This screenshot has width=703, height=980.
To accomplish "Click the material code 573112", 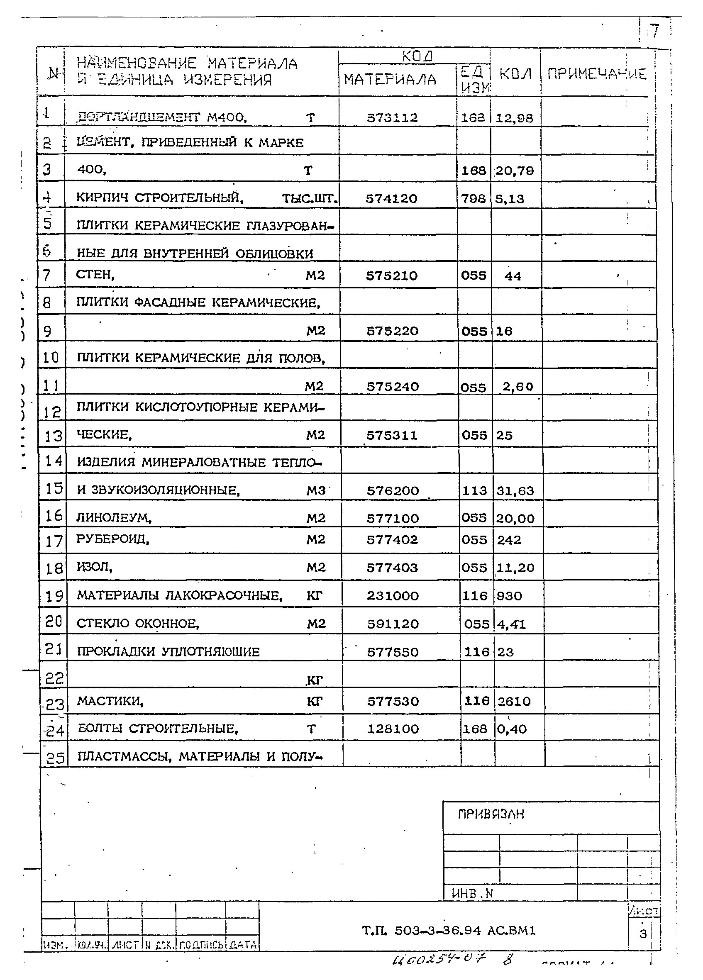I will tap(392, 117).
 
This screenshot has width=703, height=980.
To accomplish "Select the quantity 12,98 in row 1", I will tap(514, 118).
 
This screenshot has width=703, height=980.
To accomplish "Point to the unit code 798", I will tap(473, 199).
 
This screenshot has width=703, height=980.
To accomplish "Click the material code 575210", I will tap(391, 275).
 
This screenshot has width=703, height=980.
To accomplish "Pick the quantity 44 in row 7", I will tap(513, 276).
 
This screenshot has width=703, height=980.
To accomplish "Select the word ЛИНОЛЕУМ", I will tap(114, 517).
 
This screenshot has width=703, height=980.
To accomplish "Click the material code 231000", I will tap(392, 596).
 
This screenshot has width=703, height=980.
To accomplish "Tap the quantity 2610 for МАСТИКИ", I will tap(514, 701).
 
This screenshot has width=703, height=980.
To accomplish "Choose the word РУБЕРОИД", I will tap(112, 539).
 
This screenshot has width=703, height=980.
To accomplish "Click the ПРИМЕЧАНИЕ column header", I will tap(597, 74).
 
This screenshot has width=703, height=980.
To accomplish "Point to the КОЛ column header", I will tap(515, 74).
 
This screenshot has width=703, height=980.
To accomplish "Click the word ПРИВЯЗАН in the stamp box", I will tap(491, 814).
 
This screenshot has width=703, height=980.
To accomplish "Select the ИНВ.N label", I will tap(472, 893).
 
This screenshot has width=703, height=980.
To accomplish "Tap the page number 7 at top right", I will tap(655, 31).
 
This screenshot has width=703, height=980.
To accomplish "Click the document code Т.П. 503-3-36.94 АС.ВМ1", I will tap(449, 930).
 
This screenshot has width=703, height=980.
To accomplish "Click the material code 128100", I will tap(393, 729).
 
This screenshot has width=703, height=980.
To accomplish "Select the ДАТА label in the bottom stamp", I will tap(243, 945).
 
